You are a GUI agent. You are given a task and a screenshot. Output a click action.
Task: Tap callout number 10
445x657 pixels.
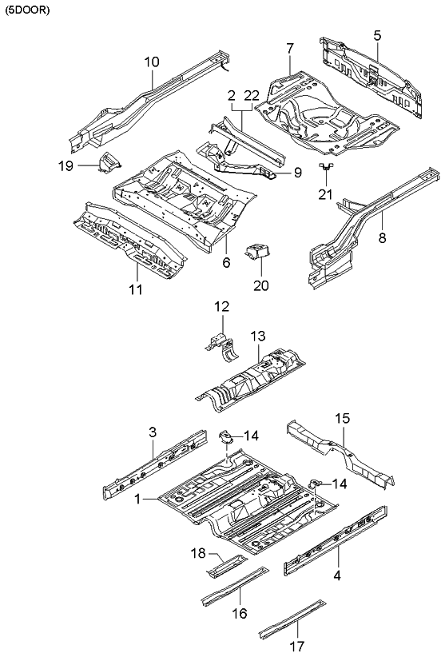[152, 62]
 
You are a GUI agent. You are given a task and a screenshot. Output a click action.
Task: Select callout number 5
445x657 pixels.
[377, 34]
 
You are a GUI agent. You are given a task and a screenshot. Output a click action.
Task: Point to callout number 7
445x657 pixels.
[290, 50]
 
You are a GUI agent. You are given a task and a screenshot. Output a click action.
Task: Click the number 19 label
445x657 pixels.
[66, 165]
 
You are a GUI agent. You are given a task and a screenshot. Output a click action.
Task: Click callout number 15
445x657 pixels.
[342, 418]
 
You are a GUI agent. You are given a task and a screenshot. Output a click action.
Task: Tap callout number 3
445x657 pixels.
[152, 432]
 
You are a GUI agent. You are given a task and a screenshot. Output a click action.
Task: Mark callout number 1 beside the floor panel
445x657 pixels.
[139, 499]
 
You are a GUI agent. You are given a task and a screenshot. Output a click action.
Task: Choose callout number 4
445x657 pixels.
[338, 573]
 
